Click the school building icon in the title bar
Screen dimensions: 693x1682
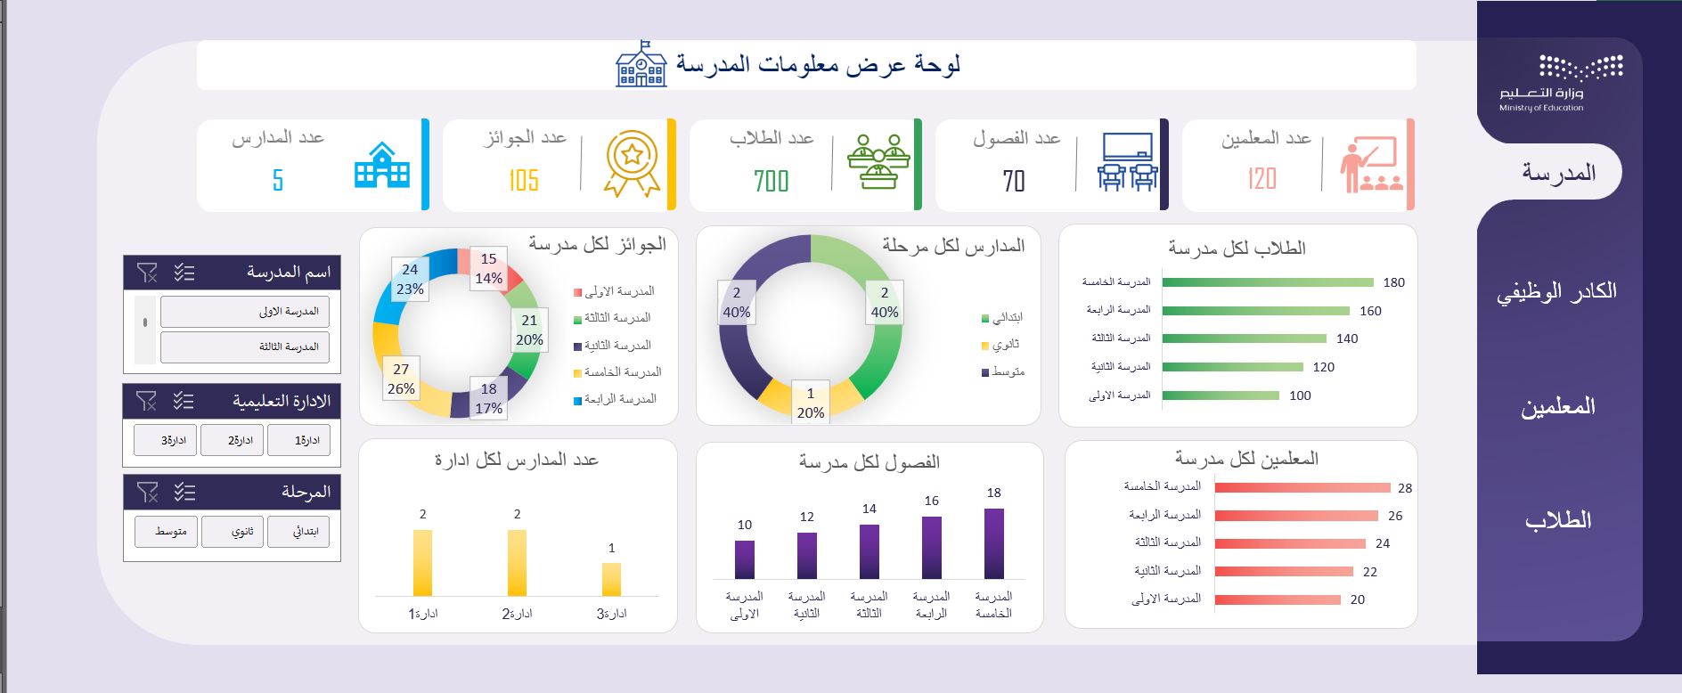(641, 65)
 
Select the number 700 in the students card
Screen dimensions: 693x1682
(771, 181)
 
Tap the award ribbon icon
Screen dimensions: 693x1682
(632, 163)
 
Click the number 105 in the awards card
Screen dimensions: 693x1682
(524, 181)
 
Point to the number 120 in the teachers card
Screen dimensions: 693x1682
(1261, 179)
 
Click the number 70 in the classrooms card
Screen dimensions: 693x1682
(1014, 181)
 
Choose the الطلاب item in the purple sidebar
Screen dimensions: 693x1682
(1558, 520)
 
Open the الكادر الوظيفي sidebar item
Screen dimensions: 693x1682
(1556, 291)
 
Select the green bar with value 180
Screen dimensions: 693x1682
(1268, 282)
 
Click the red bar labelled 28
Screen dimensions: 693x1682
(1302, 488)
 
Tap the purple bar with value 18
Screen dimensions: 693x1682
(994, 543)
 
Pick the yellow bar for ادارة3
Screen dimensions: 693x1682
(611, 579)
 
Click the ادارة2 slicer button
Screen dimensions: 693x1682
(240, 440)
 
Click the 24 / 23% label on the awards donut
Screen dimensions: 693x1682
(410, 279)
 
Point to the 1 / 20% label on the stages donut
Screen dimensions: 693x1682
(811, 403)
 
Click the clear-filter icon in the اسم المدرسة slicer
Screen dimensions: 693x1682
(147, 273)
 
